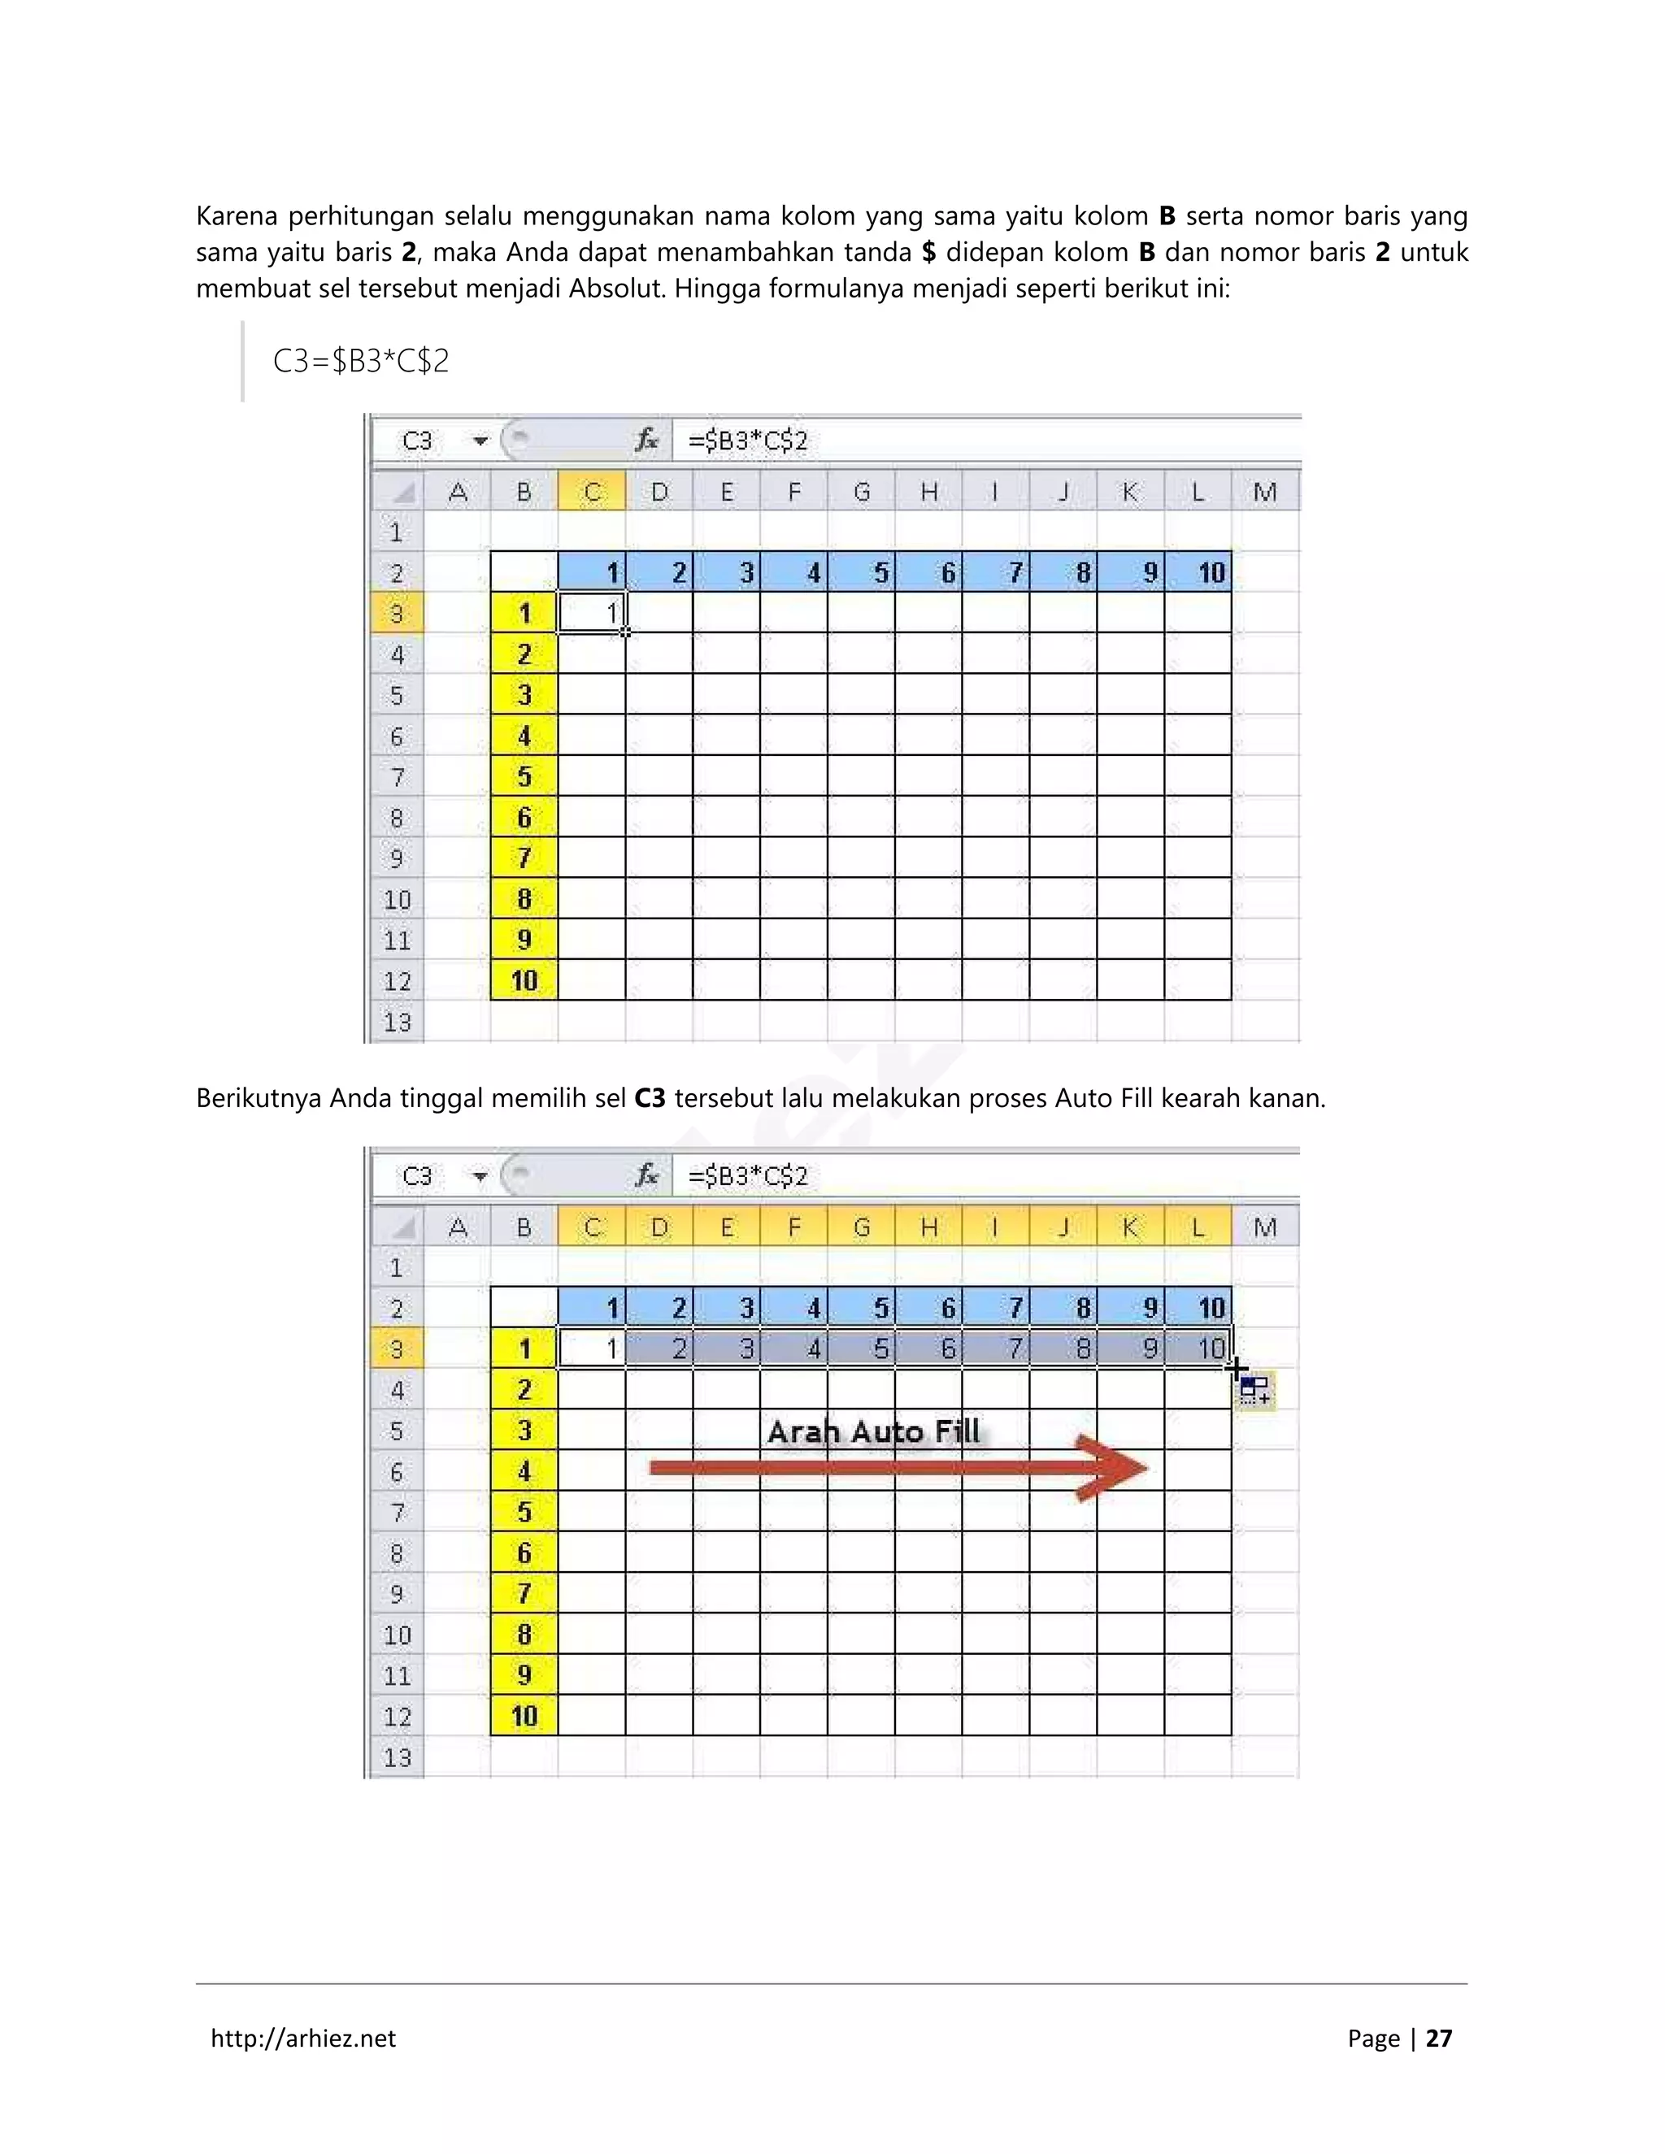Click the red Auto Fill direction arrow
click(898, 1469)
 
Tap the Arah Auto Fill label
click(874, 1431)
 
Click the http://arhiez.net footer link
click(302, 2038)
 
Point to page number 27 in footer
click(1439, 2038)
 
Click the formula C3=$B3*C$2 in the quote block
click(361, 361)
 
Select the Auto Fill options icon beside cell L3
click(1255, 1391)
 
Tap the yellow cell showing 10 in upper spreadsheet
click(524, 980)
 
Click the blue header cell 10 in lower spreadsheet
click(1199, 1308)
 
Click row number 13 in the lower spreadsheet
click(397, 1757)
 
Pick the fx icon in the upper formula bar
click(646, 441)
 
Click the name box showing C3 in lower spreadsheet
click(418, 1175)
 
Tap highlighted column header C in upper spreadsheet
click(592, 492)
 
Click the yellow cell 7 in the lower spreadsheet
click(524, 1593)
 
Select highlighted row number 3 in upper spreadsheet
click(397, 614)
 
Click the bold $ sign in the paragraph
click(928, 253)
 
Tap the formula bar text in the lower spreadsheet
click(748, 1175)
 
